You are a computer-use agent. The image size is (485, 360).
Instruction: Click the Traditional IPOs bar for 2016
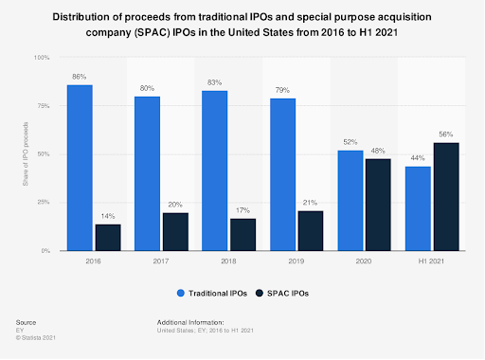coord(80,168)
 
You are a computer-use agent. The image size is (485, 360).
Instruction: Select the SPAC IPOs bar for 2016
coord(109,238)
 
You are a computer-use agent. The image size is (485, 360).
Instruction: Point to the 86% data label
coord(80,75)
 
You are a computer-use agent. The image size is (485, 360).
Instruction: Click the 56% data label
coord(446,134)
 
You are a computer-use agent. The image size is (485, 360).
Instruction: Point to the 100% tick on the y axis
coord(43,58)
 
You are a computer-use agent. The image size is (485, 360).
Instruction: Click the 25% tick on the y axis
coord(45,203)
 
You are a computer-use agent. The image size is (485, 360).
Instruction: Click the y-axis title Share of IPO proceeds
coord(26,154)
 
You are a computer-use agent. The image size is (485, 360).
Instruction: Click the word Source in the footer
coord(27,323)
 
